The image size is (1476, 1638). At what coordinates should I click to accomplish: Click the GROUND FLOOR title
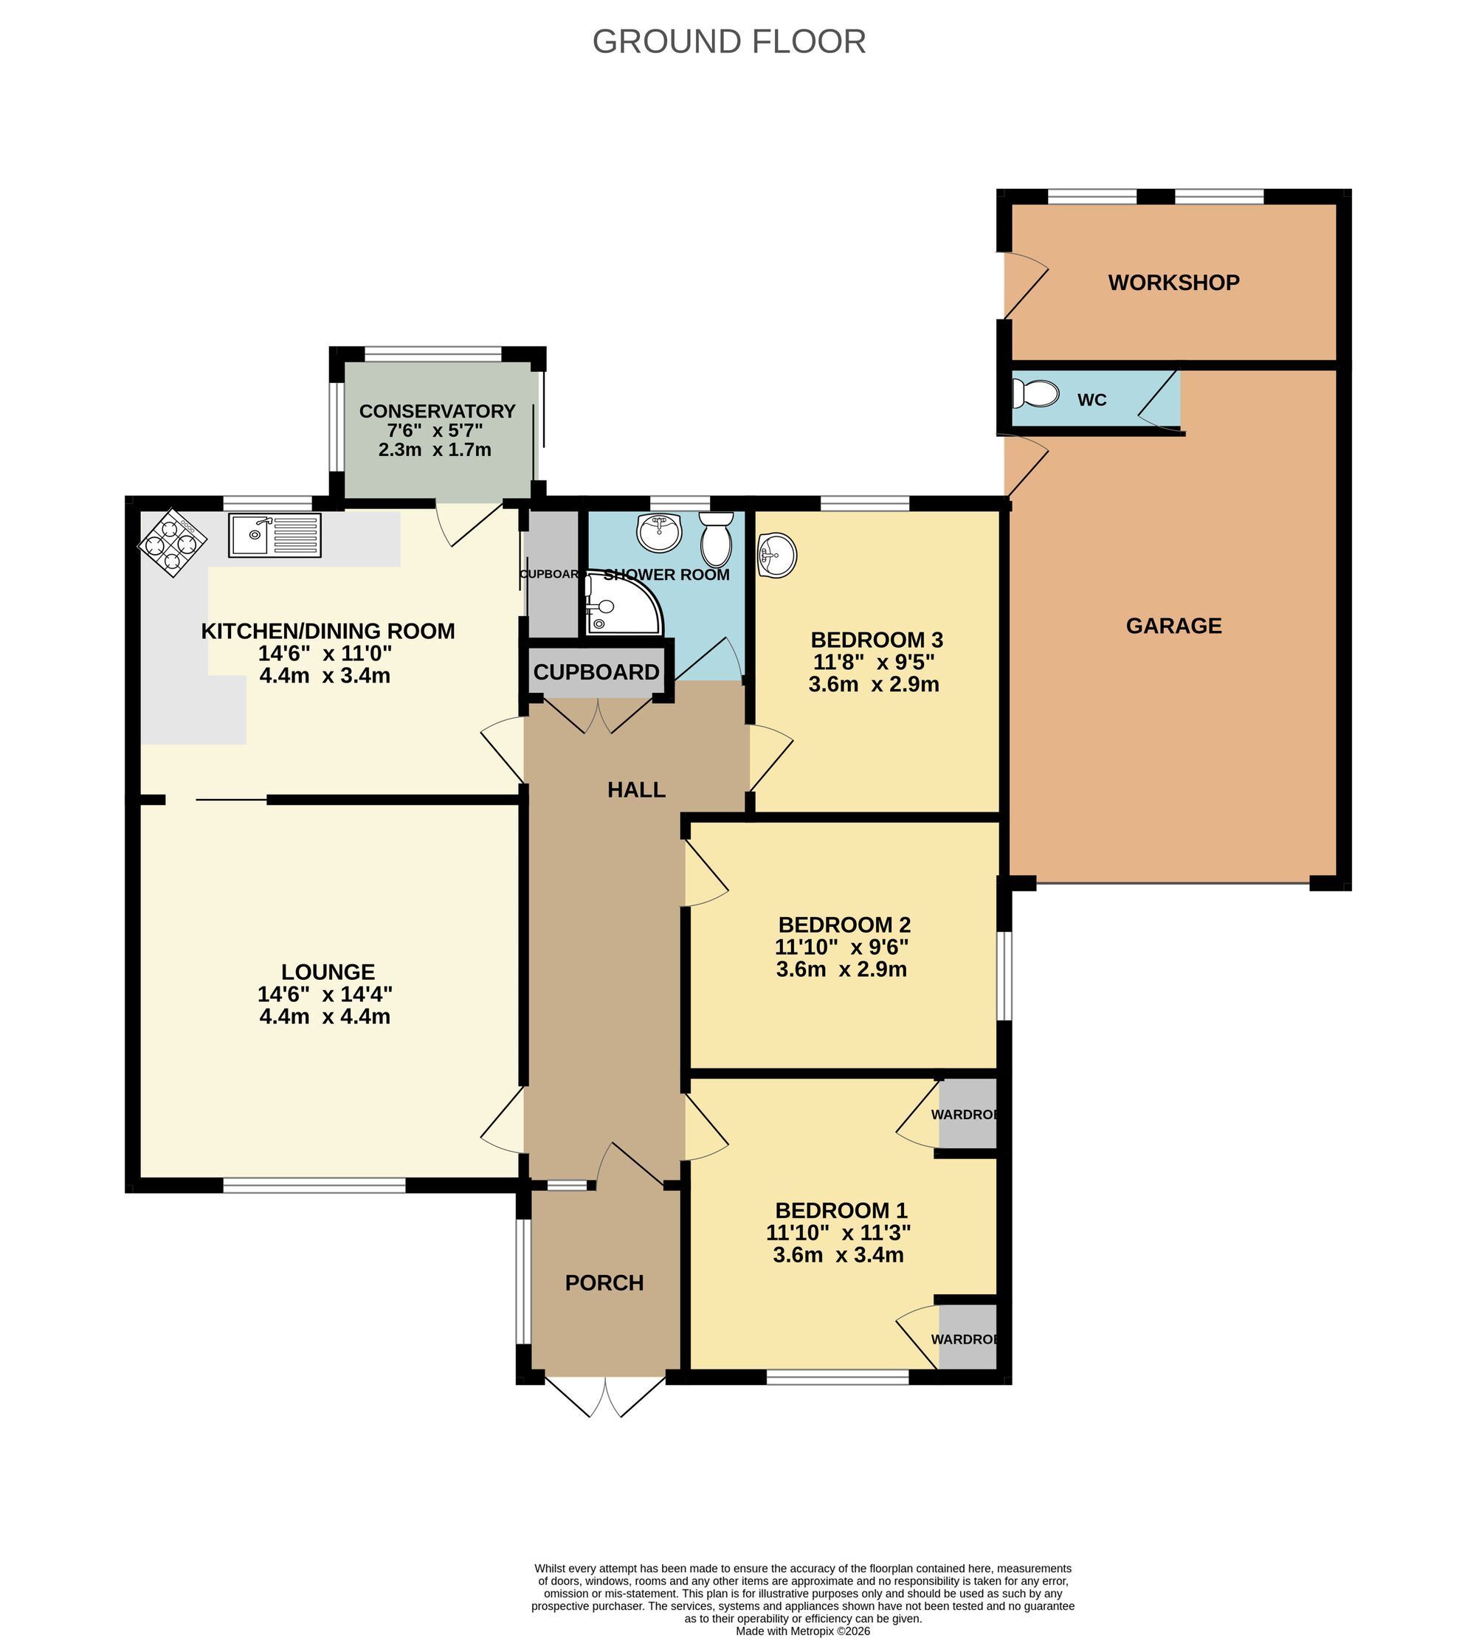(x=728, y=41)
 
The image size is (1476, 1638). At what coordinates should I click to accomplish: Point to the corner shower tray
(x=625, y=604)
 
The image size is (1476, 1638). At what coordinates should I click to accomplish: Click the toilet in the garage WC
(x=1035, y=395)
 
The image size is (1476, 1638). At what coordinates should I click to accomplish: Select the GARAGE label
(x=1173, y=626)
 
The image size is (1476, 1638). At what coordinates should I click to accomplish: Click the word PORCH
(x=604, y=1283)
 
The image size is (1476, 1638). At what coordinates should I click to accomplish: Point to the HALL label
(x=637, y=789)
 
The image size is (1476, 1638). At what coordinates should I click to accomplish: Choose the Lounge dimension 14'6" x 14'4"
(x=325, y=994)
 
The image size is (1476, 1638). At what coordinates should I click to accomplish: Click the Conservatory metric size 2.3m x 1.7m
(x=435, y=450)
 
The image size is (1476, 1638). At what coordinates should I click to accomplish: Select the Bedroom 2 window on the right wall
(x=1004, y=975)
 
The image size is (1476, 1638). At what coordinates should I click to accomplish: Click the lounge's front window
(x=314, y=1186)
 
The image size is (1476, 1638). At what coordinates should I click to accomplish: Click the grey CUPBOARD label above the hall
(x=596, y=672)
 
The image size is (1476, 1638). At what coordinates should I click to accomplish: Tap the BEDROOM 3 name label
(x=877, y=640)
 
